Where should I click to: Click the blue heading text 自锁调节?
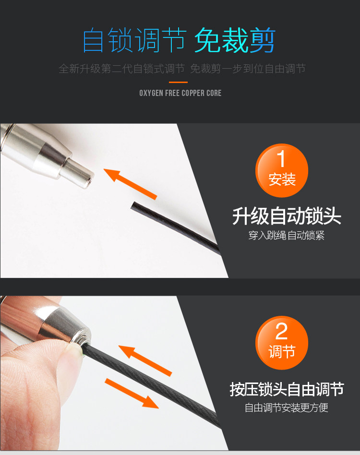click(134, 40)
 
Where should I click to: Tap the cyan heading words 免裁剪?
click(235, 40)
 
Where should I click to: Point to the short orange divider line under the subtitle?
click(179, 83)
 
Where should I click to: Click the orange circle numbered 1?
click(281, 170)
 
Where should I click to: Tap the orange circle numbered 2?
click(281, 343)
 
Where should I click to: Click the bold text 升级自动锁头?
click(286, 216)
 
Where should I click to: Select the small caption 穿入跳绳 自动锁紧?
click(286, 235)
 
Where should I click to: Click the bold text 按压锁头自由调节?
click(287, 389)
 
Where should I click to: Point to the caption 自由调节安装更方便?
click(286, 407)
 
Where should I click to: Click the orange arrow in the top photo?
click(130, 184)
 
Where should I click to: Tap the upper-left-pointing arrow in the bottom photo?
click(145, 361)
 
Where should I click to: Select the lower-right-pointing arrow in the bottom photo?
click(132, 394)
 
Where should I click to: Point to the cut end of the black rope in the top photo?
click(133, 206)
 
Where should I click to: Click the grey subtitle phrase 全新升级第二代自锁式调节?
click(121, 69)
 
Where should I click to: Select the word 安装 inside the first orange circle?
click(282, 180)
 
